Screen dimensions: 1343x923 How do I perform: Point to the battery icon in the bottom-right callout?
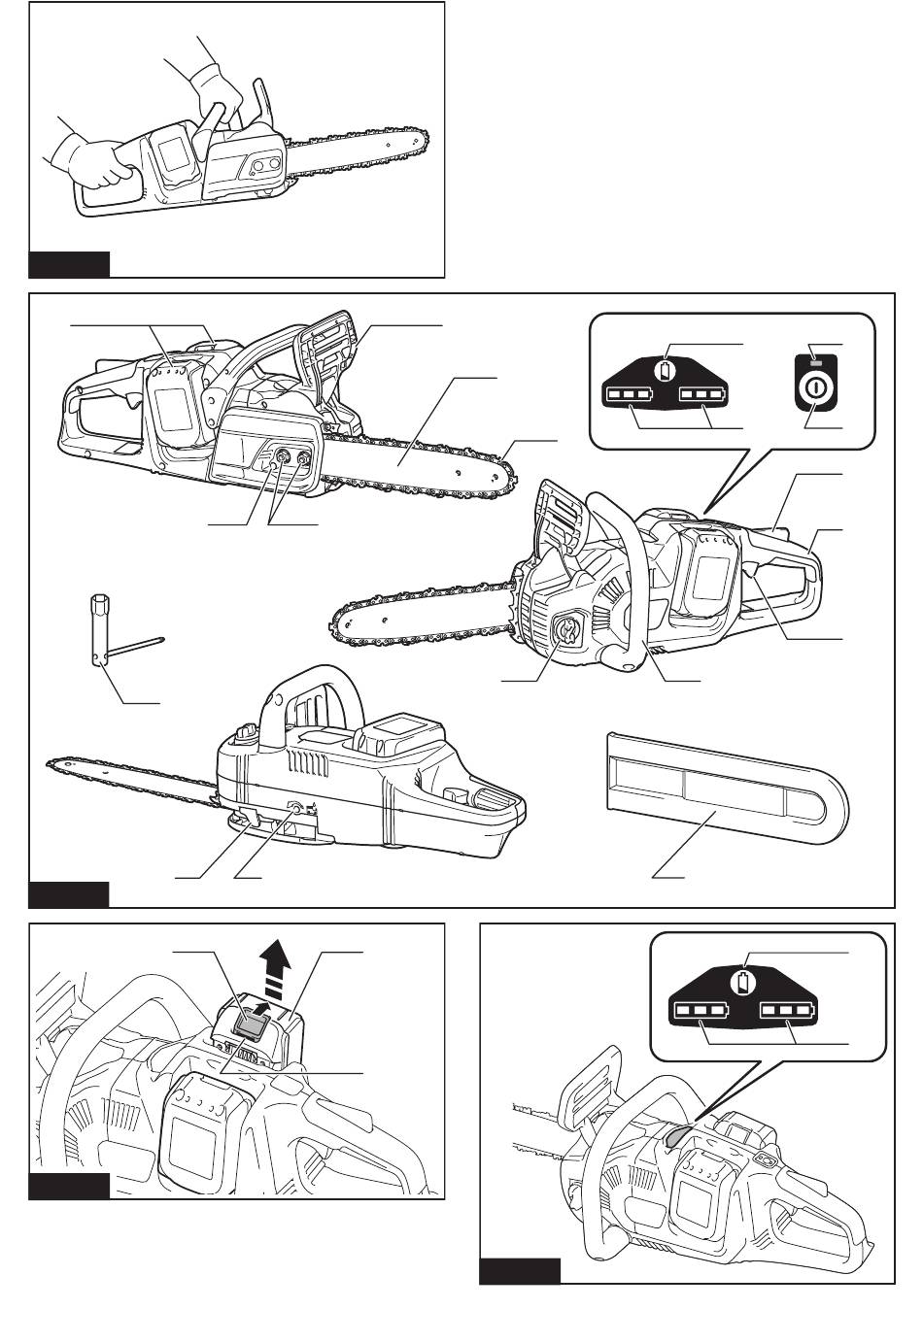744,982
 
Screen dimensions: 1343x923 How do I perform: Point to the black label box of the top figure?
69,264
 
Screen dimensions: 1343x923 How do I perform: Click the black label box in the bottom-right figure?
520,1270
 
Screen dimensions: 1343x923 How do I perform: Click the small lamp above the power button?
815,364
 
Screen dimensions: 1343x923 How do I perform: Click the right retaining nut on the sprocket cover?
306,455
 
